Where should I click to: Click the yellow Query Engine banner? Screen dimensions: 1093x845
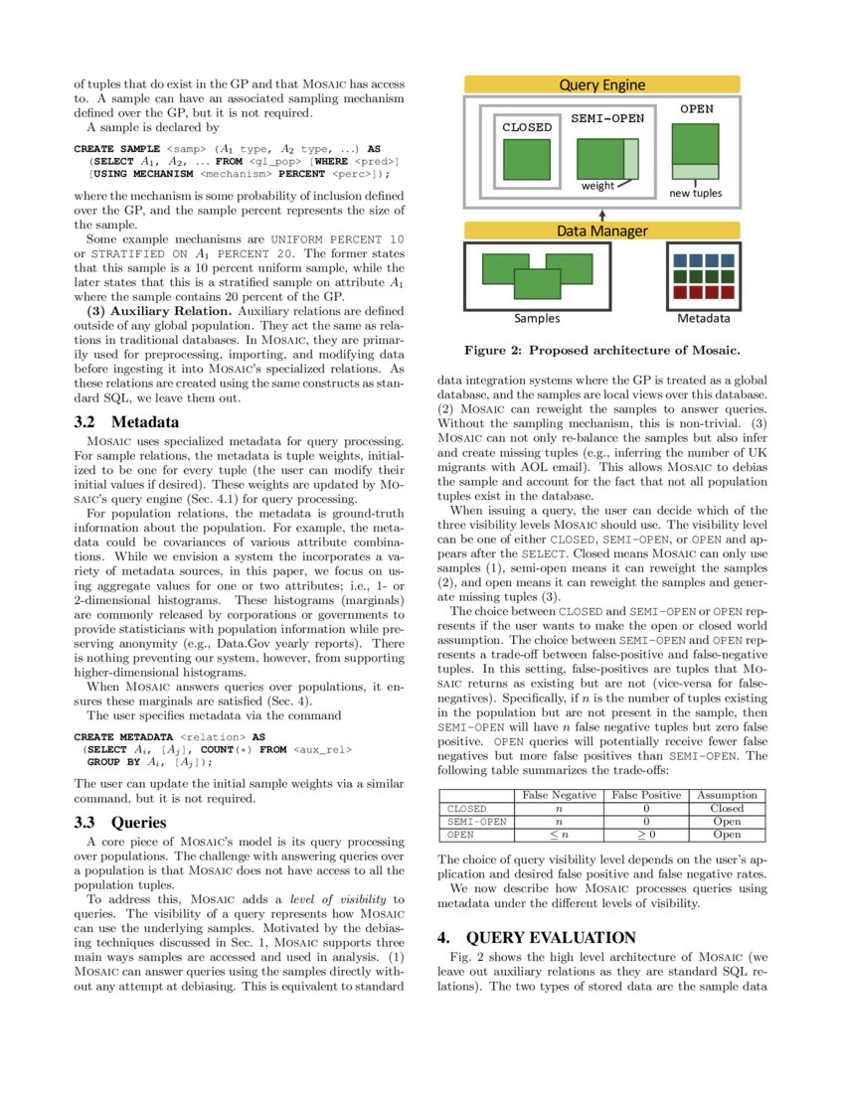602,85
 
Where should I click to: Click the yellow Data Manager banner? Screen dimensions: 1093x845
602,231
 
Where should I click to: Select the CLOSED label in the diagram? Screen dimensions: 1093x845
526,127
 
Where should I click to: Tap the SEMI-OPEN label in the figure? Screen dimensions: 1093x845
606,117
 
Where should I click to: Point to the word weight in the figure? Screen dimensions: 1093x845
597,186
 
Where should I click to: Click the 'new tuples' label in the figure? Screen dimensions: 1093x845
695,193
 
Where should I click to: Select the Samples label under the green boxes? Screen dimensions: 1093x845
536,319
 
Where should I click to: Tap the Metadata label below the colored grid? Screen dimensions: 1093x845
704,319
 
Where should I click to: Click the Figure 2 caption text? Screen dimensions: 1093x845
602,350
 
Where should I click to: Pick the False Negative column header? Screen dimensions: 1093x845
559,795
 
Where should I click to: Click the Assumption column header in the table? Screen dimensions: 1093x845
727,795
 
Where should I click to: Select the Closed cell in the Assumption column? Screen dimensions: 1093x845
727,809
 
